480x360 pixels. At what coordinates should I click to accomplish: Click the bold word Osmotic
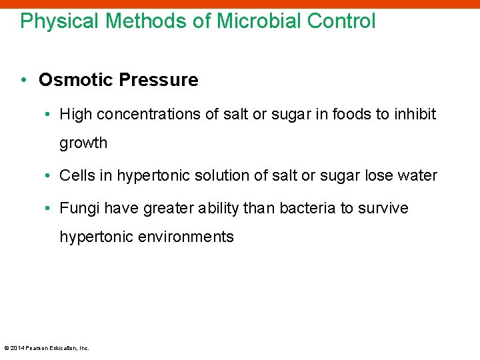(75, 80)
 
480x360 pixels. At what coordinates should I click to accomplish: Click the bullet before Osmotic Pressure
(23, 80)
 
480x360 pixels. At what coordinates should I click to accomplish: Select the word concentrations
(151, 114)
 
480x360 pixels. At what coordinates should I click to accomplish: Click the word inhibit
(415, 114)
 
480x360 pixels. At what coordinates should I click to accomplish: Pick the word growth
(83, 143)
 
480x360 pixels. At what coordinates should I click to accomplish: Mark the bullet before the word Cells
(49, 176)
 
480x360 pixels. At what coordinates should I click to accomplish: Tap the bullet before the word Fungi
(49, 209)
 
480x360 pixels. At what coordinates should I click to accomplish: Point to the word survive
(383, 209)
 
